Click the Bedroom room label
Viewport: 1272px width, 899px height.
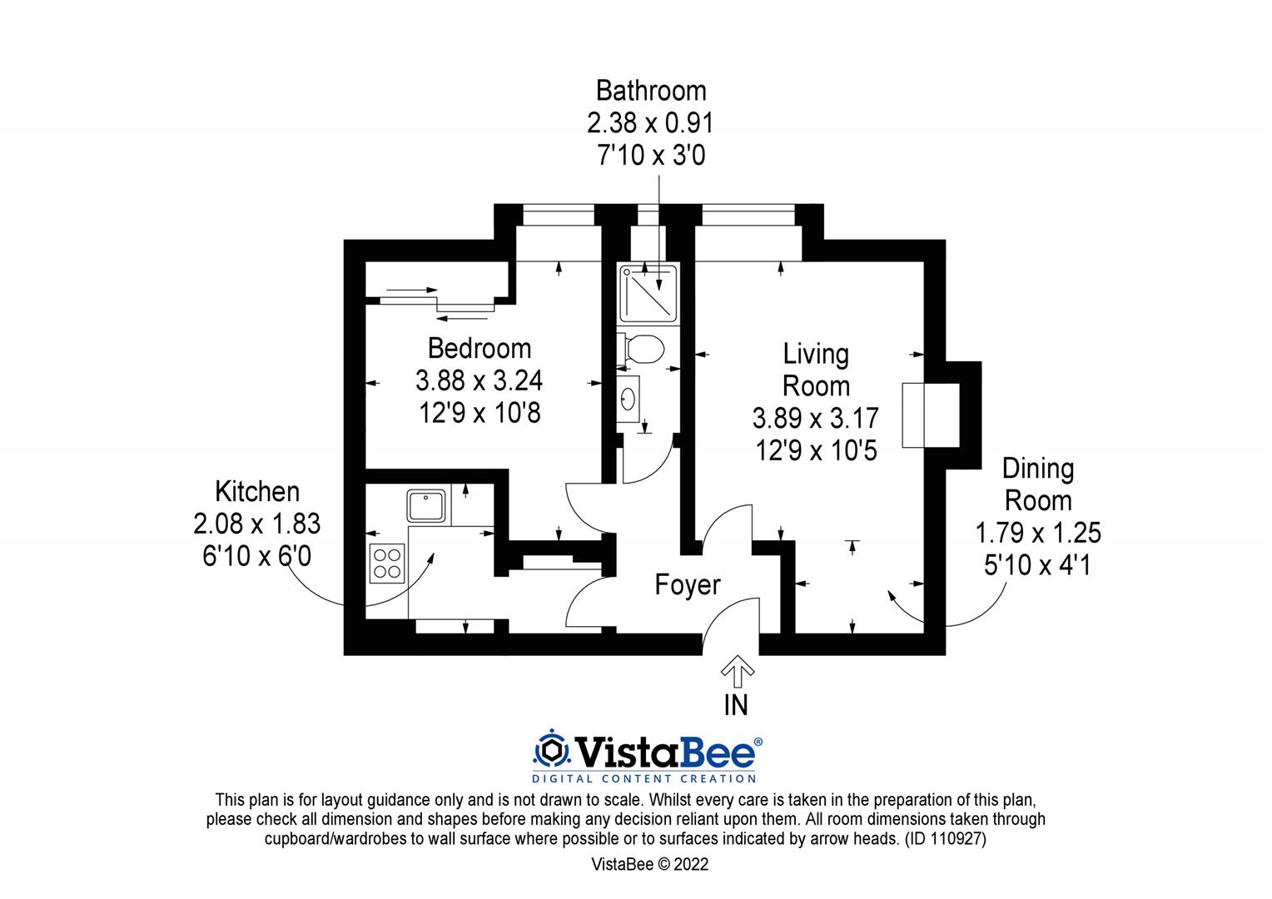(x=479, y=348)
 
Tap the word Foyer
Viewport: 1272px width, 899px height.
(x=687, y=585)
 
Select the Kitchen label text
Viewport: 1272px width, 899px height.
(x=256, y=491)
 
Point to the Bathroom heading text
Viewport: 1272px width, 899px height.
(x=651, y=90)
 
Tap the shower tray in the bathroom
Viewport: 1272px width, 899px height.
(x=649, y=292)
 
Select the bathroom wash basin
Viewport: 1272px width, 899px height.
(x=629, y=398)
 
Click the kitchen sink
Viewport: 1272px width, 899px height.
(x=425, y=506)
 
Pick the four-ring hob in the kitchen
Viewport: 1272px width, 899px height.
(x=387, y=562)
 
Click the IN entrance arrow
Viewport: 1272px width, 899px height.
(x=737, y=668)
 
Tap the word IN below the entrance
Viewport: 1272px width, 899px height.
(x=736, y=705)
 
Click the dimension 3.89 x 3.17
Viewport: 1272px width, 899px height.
(x=815, y=418)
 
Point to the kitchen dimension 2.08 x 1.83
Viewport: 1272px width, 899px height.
(x=256, y=524)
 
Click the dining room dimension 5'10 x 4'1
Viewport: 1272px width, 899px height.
(x=1037, y=565)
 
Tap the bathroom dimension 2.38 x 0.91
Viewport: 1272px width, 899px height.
(x=650, y=123)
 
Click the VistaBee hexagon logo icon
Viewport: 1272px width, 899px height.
(x=550, y=751)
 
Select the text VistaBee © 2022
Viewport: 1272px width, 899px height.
(x=649, y=864)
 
